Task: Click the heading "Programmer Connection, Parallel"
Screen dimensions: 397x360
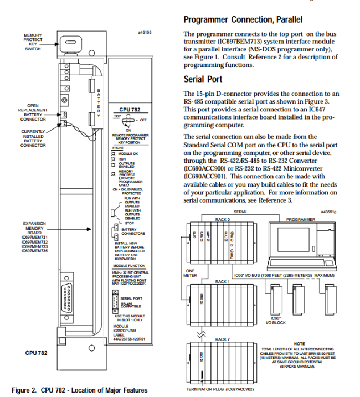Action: point(243,20)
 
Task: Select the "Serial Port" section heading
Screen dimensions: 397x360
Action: point(204,79)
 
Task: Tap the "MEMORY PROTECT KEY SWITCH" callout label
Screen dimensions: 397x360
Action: point(33,42)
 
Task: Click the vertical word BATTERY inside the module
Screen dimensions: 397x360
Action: point(99,102)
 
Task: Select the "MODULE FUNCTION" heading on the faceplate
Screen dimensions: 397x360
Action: point(130,266)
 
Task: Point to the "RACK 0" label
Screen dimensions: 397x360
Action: point(222,219)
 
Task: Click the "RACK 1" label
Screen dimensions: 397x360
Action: point(222,281)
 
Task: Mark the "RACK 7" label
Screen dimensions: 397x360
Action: point(222,339)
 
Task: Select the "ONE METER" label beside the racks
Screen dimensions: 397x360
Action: point(190,273)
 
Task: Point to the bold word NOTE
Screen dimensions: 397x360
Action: point(299,344)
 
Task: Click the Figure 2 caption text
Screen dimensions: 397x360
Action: point(80,390)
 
